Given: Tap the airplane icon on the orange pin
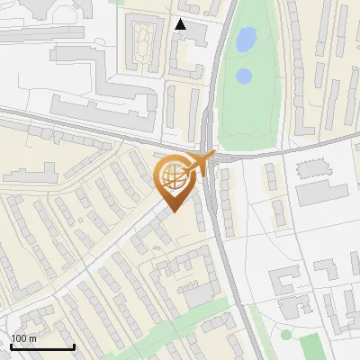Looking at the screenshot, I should tap(199, 163).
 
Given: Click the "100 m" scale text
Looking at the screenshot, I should tap(23, 338).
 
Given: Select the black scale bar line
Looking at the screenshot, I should tap(42, 346).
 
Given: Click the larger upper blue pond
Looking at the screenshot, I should tap(245, 39).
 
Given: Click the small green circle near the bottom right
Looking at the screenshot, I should tap(286, 335).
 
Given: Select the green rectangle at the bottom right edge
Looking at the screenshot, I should tap(310, 346).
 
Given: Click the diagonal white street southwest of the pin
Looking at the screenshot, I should tap(108, 252).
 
